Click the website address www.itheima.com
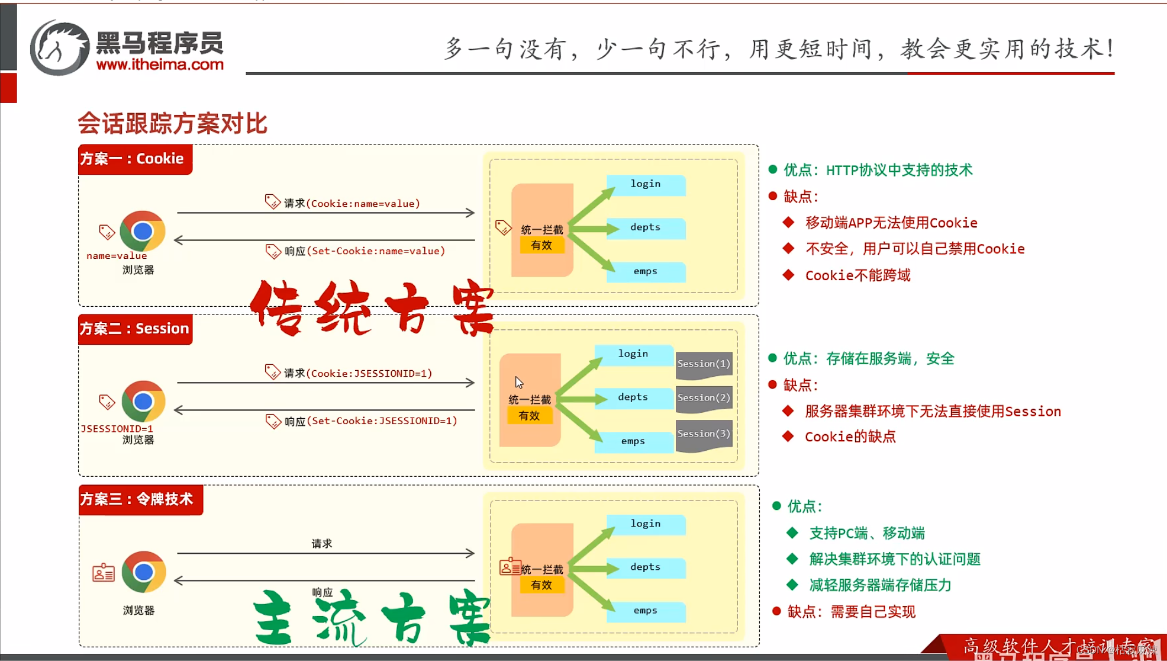tap(160, 65)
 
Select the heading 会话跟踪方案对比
tap(172, 123)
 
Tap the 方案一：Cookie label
tap(133, 159)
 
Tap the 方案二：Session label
tap(135, 329)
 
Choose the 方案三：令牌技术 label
tap(137, 499)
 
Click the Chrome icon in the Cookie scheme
tap(142, 231)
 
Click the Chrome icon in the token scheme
tap(143, 572)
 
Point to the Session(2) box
tap(704, 398)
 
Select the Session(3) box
tap(704, 434)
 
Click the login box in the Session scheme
tap(633, 354)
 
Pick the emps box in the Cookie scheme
tap(646, 272)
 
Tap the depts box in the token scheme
tap(646, 567)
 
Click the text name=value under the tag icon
tap(117, 256)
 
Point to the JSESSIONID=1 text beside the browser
tap(117, 428)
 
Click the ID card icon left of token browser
tap(104, 573)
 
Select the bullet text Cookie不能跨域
tap(857, 275)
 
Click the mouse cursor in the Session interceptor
tap(518, 382)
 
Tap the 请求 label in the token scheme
tap(322, 543)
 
